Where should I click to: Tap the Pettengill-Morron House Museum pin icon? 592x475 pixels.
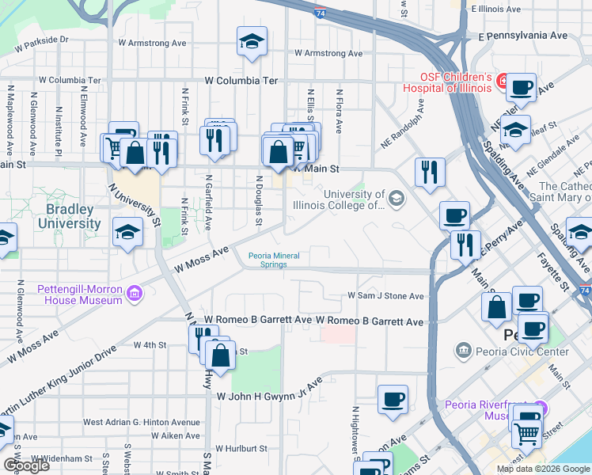(135, 294)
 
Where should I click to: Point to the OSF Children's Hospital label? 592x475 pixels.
(450, 82)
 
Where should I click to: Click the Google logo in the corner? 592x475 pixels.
(25, 465)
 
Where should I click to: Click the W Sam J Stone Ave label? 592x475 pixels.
(386, 296)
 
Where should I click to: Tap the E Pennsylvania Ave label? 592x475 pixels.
(523, 36)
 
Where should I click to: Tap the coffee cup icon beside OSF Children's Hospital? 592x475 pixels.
(521, 86)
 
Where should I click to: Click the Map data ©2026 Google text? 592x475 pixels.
(543, 469)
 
